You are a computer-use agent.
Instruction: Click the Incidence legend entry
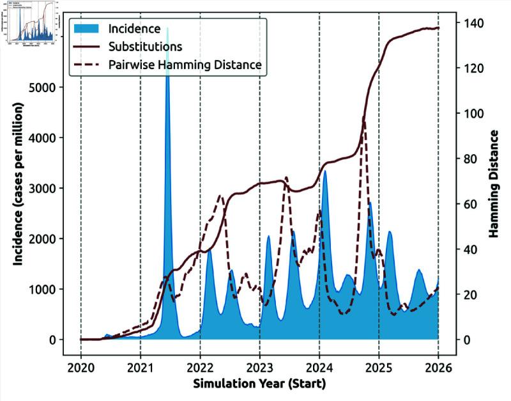pyautogui.click(x=133, y=29)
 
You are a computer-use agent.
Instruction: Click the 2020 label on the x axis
pyautogui.click(x=81, y=368)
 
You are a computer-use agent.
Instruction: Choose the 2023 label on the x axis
pyautogui.click(x=259, y=368)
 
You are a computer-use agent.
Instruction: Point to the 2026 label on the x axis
pyautogui.click(x=438, y=368)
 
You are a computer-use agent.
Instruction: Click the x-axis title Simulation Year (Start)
pyautogui.click(x=259, y=385)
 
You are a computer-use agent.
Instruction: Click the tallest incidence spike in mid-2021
pyautogui.click(x=167, y=32)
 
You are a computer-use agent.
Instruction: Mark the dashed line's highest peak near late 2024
pyautogui.click(x=364, y=120)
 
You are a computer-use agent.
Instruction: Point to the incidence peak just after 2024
pyautogui.click(x=325, y=172)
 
